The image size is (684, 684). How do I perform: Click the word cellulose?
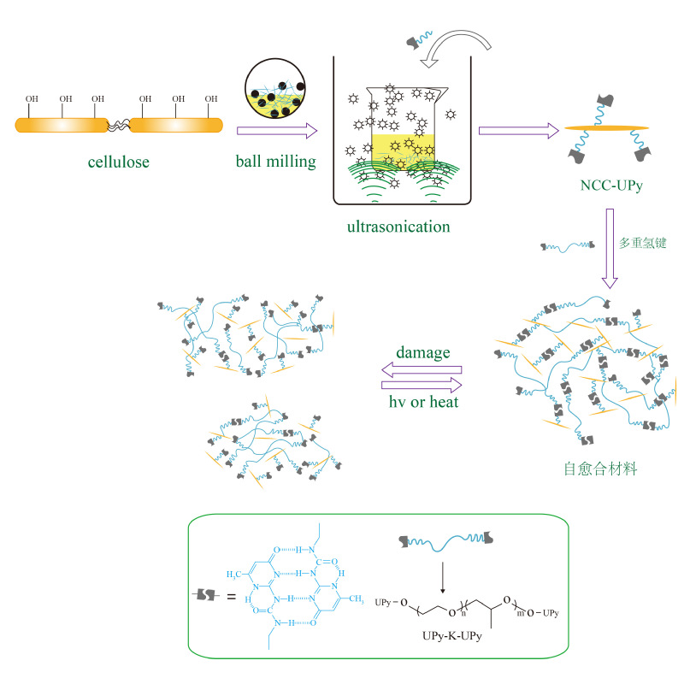tap(119, 161)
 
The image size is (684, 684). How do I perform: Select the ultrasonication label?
tap(398, 227)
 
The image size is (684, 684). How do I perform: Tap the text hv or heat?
tap(421, 398)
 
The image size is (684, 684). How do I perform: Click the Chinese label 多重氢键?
tap(642, 243)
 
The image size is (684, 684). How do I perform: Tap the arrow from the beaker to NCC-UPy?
tap(517, 130)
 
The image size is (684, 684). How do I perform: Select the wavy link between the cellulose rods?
tap(117, 125)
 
